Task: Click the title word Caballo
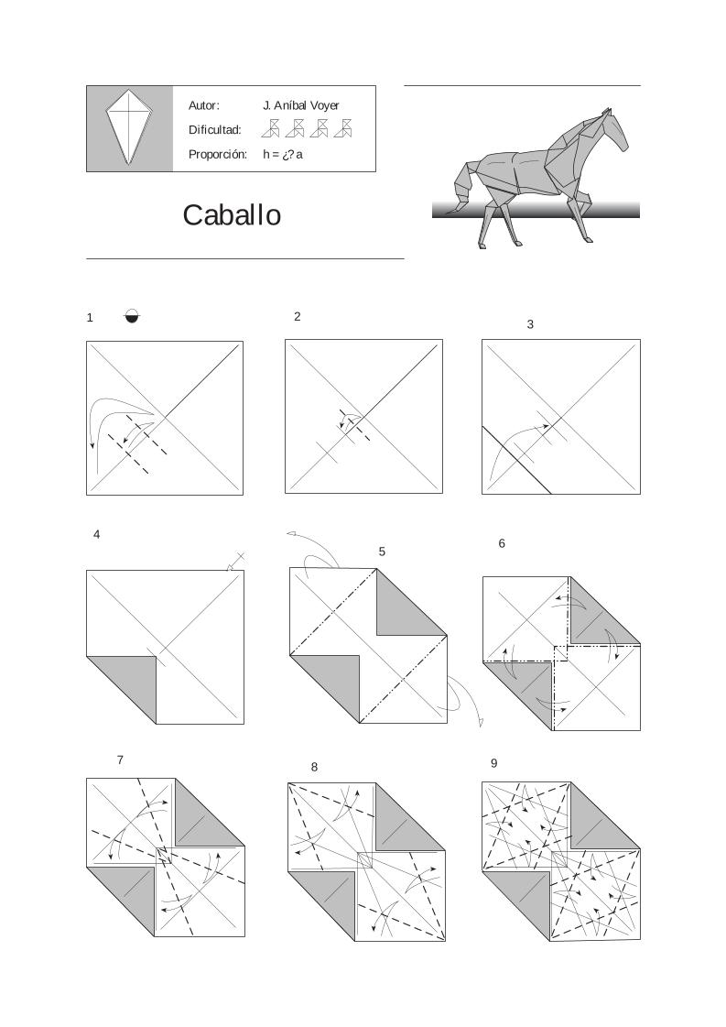232,215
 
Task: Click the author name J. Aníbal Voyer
300,105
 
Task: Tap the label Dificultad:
214,130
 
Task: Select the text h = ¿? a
283,154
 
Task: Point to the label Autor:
203,105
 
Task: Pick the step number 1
90,318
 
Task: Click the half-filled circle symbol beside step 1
133,317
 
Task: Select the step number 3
530,324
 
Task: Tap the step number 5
382,552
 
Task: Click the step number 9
493,763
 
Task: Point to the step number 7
120,759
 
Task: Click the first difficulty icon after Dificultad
271,128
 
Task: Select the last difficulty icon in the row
344,128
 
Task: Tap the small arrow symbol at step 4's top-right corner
235,563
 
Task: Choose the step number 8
314,767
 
